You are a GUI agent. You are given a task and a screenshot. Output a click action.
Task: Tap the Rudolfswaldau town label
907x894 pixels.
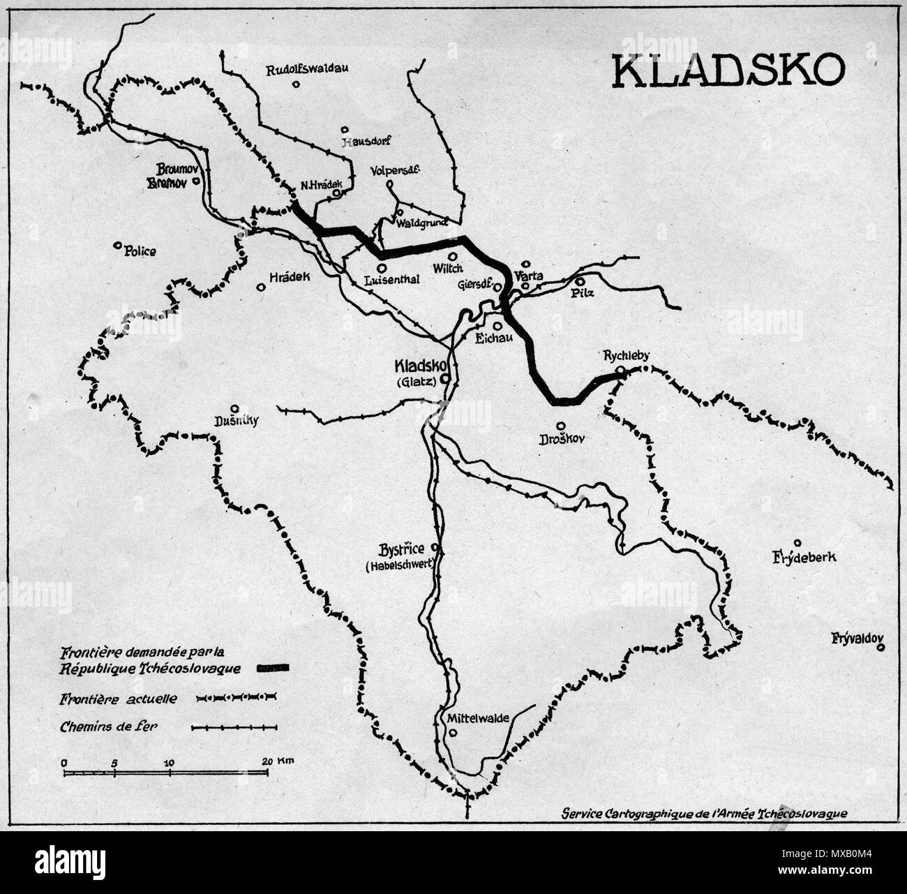coord(308,69)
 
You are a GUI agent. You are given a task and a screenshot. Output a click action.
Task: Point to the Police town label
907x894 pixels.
coord(140,251)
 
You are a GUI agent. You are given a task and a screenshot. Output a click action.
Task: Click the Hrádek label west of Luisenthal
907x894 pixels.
coord(287,276)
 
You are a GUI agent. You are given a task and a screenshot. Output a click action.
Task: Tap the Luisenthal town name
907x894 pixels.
coord(391,281)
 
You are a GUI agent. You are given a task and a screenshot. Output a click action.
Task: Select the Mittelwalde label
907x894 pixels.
coord(477,717)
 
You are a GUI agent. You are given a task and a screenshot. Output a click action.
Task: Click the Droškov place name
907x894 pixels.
coord(560,440)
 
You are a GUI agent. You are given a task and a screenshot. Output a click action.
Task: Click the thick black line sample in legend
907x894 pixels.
coord(273,669)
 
